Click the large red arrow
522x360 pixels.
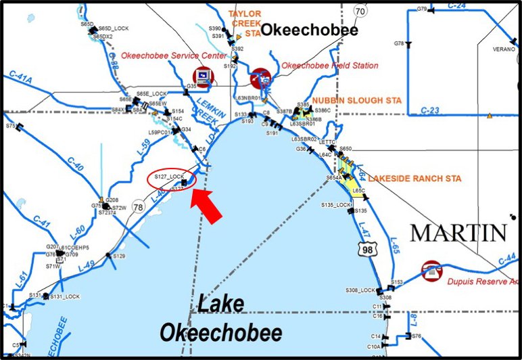point(209,205)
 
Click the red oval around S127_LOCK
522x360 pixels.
point(172,178)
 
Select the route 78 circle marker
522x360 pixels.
point(138,206)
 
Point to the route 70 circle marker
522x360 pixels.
point(360,12)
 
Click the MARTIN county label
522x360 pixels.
point(458,233)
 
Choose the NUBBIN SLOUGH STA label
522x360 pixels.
point(366,100)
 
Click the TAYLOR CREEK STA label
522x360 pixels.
point(244,22)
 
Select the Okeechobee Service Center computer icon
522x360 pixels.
point(202,75)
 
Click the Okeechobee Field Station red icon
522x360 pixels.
point(260,78)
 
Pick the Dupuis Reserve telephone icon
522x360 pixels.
point(430,269)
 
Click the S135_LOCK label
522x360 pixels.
point(336,204)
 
